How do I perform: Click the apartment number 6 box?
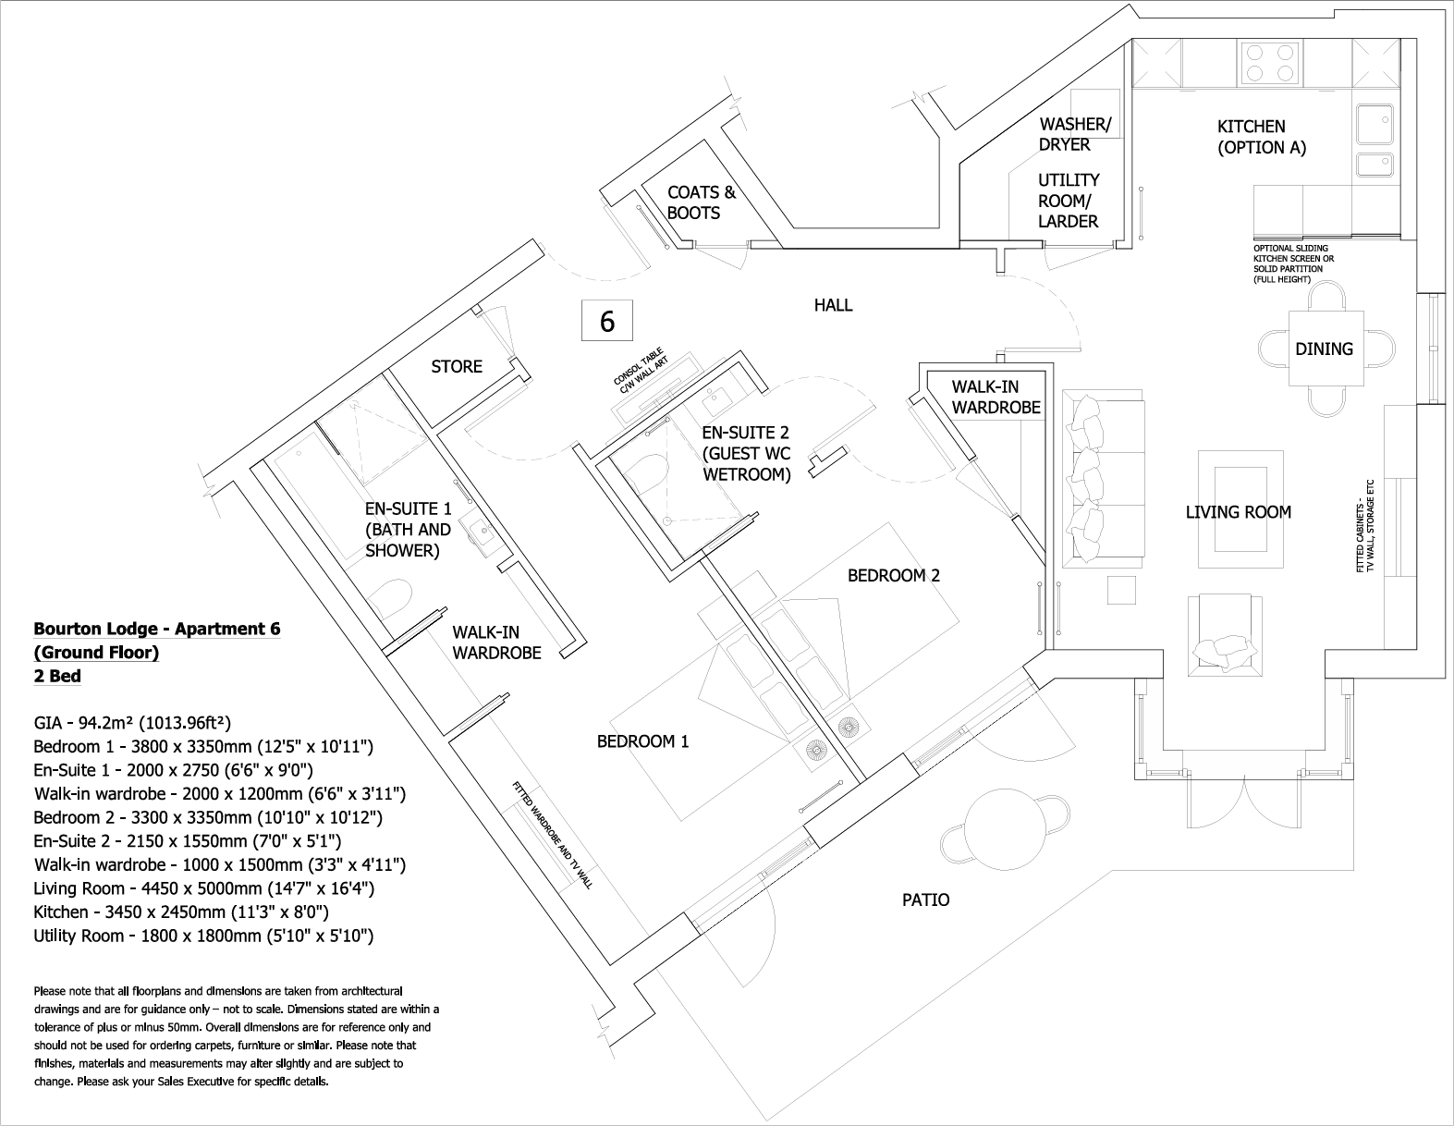pos(607,321)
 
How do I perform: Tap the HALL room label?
pos(833,305)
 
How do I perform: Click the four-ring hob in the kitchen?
pos(1267,62)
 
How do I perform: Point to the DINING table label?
pos(1324,349)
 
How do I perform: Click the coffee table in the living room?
pos(1240,510)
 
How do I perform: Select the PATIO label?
pos(925,900)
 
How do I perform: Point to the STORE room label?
pos(457,367)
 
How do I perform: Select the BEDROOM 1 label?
pos(642,741)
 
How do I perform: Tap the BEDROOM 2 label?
pos(893,576)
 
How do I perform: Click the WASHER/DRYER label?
pos(1075,134)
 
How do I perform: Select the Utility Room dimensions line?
pos(203,936)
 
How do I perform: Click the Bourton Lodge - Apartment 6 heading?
pos(157,630)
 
